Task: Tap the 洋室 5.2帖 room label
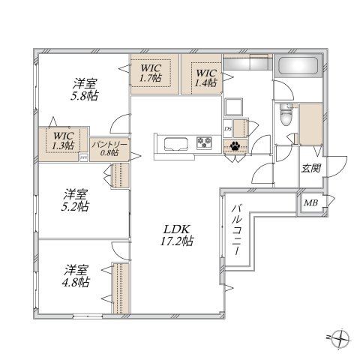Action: (x=76, y=198)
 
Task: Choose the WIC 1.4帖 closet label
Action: (x=204, y=77)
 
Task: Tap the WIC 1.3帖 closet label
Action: (x=63, y=141)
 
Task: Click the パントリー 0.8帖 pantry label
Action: (x=109, y=146)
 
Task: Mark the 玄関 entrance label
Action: (x=311, y=169)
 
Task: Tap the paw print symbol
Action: (x=236, y=147)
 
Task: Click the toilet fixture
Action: (x=286, y=116)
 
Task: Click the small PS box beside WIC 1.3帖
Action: (x=85, y=157)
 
